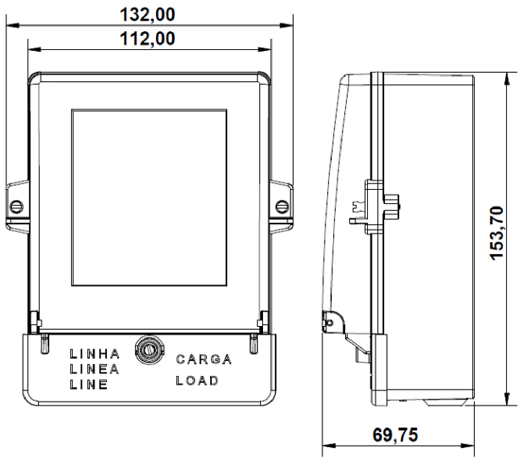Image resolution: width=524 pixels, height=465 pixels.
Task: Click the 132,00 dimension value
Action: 147,15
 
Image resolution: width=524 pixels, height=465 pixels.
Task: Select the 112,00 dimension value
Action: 147,39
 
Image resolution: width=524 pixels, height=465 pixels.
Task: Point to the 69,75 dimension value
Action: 395,435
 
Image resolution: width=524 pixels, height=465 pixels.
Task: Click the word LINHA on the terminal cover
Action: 95,354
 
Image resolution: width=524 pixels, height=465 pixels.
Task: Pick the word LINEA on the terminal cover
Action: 94,369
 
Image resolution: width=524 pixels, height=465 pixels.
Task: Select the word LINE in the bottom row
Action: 89,384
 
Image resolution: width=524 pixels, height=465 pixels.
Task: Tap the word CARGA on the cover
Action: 204,359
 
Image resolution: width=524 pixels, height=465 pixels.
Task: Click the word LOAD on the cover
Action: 197,381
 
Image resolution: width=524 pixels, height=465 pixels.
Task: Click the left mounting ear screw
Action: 17,206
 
